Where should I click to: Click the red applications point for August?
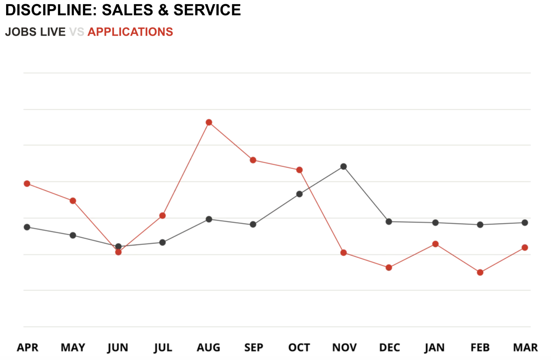pos(209,123)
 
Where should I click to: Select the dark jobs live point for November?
pos(344,167)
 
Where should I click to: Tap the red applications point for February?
pos(480,273)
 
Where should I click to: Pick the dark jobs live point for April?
pos(27,227)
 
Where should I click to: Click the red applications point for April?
pos(27,184)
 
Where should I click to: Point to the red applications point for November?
pos(344,253)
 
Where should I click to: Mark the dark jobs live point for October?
pos(300,194)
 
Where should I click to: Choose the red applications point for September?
pos(253,160)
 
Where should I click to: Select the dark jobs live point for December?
pos(389,222)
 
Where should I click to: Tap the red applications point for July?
pos(163,216)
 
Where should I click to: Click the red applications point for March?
pos(525,248)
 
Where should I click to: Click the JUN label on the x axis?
pos(118,348)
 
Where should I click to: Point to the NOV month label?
pos(344,348)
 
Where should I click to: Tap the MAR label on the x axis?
pos(525,348)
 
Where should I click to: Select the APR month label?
pos(28,348)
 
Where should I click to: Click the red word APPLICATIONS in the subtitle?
pos(130,32)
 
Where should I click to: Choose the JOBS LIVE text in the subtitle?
pos(35,32)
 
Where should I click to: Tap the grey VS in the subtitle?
pos(77,32)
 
